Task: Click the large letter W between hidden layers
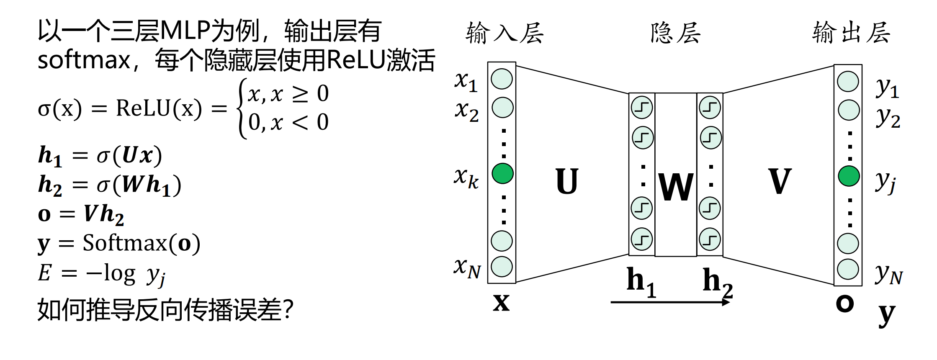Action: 676,187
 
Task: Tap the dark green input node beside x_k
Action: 502,173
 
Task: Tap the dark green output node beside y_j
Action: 849,176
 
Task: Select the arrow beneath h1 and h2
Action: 670,302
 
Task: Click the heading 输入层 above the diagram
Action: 505,33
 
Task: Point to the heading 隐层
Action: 675,33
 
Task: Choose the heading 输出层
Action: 851,32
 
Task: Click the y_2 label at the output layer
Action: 888,117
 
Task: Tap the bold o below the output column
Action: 844,303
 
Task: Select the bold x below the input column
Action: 501,302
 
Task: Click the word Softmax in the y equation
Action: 125,243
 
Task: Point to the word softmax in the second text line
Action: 84,60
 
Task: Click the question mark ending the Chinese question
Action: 288,310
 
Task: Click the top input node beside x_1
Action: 502,79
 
